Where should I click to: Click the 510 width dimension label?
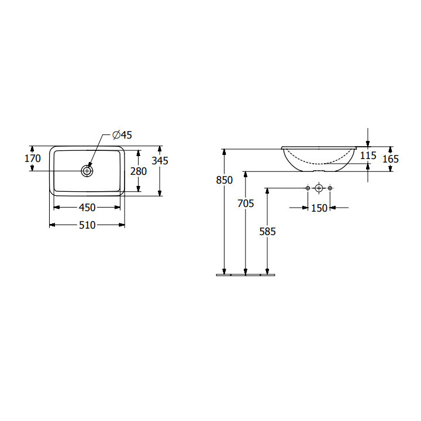(x=87, y=225)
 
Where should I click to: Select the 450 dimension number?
(x=87, y=207)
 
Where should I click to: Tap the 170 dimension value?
(x=33, y=158)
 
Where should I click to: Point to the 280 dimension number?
(x=139, y=171)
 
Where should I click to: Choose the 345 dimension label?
(x=160, y=161)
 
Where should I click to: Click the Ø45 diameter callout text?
(x=122, y=135)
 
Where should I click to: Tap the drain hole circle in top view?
(x=87, y=171)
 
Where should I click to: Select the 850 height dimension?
(x=224, y=180)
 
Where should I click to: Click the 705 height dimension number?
(x=246, y=203)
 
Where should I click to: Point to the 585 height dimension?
(x=267, y=232)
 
